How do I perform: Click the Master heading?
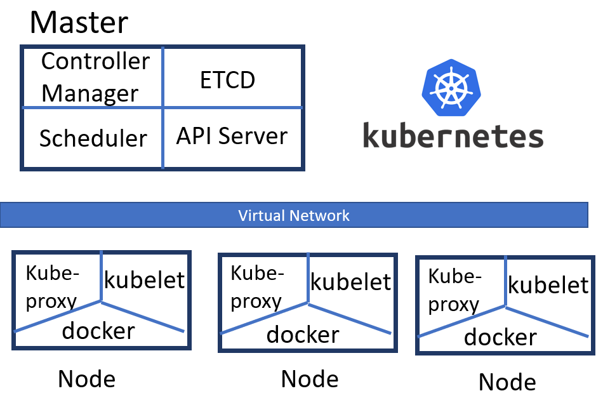tap(79, 22)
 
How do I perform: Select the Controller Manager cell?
tap(95, 77)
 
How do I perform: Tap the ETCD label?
tap(228, 80)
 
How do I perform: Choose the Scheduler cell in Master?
tap(93, 138)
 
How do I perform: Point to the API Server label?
tap(232, 136)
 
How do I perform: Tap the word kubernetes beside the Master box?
tap(453, 136)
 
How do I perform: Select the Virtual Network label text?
tap(294, 215)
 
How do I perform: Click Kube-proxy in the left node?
tap(53, 287)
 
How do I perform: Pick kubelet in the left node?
tap(144, 279)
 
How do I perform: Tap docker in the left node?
tap(98, 330)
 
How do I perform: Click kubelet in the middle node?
tap(350, 282)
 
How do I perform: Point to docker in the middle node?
tap(303, 335)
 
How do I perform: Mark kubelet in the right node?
tap(548, 285)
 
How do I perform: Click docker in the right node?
tap(500, 337)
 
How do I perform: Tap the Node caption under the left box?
tap(86, 379)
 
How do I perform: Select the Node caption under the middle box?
tap(310, 379)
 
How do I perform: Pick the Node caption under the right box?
tap(507, 382)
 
